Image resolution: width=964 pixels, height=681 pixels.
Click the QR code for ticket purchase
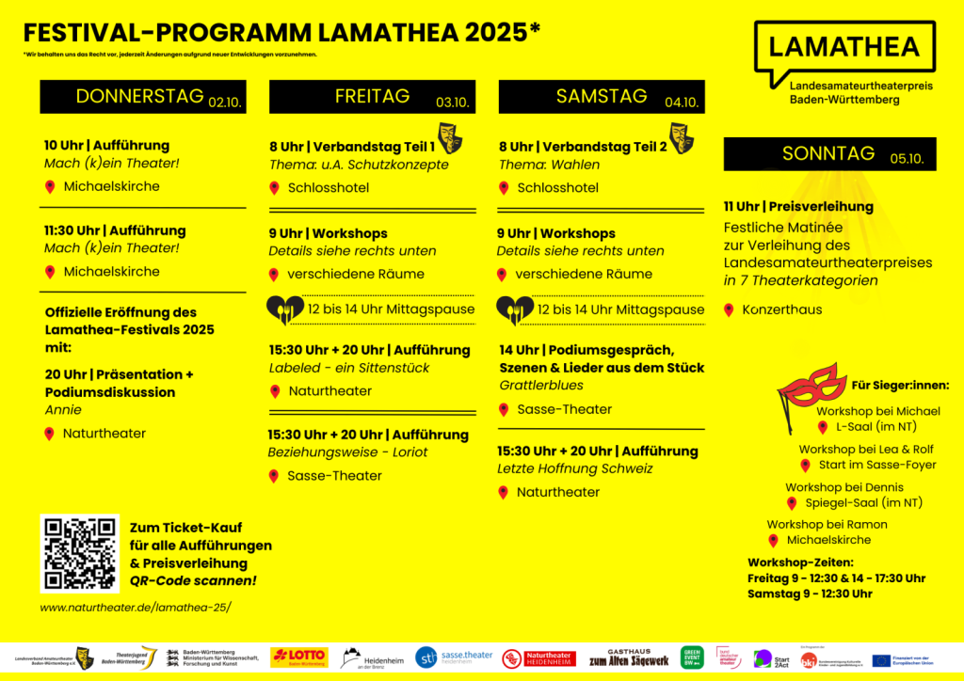pyautogui.click(x=80, y=554)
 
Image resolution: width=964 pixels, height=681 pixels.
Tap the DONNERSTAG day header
pyautogui.click(x=140, y=96)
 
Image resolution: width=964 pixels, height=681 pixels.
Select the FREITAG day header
pyautogui.click(x=373, y=96)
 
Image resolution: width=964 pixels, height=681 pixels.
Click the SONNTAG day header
pyautogui.click(x=815, y=153)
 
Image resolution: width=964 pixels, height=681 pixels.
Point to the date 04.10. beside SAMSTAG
pyautogui.click(x=681, y=103)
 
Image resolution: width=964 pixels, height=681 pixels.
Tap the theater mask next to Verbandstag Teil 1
pyautogui.click(x=450, y=137)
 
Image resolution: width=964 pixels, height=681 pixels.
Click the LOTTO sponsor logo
pyautogui.click(x=299, y=657)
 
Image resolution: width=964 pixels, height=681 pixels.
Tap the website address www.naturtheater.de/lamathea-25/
pyautogui.click(x=135, y=607)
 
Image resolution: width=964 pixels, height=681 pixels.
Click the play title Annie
pyautogui.click(x=63, y=410)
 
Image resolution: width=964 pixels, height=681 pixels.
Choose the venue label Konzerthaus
pyautogui.click(x=781, y=309)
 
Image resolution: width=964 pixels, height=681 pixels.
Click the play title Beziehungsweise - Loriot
pyautogui.click(x=347, y=452)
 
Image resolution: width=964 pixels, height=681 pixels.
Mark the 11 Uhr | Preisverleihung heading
pyautogui.click(x=798, y=207)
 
